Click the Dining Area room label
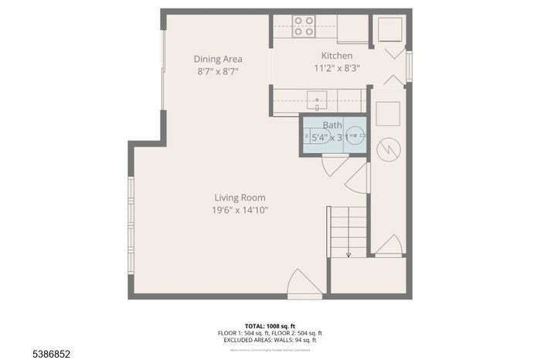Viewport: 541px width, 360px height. [217, 59]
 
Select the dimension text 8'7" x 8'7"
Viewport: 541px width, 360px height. [217, 71]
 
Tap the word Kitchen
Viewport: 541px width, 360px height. [337, 56]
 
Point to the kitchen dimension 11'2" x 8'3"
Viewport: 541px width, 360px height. [337, 68]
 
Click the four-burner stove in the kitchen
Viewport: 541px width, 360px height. [304, 27]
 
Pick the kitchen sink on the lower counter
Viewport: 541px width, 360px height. [317, 100]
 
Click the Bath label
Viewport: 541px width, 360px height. [332, 125]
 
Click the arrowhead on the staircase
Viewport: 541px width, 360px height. [349, 253]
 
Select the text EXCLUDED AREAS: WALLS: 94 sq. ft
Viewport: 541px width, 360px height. [270, 340]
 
